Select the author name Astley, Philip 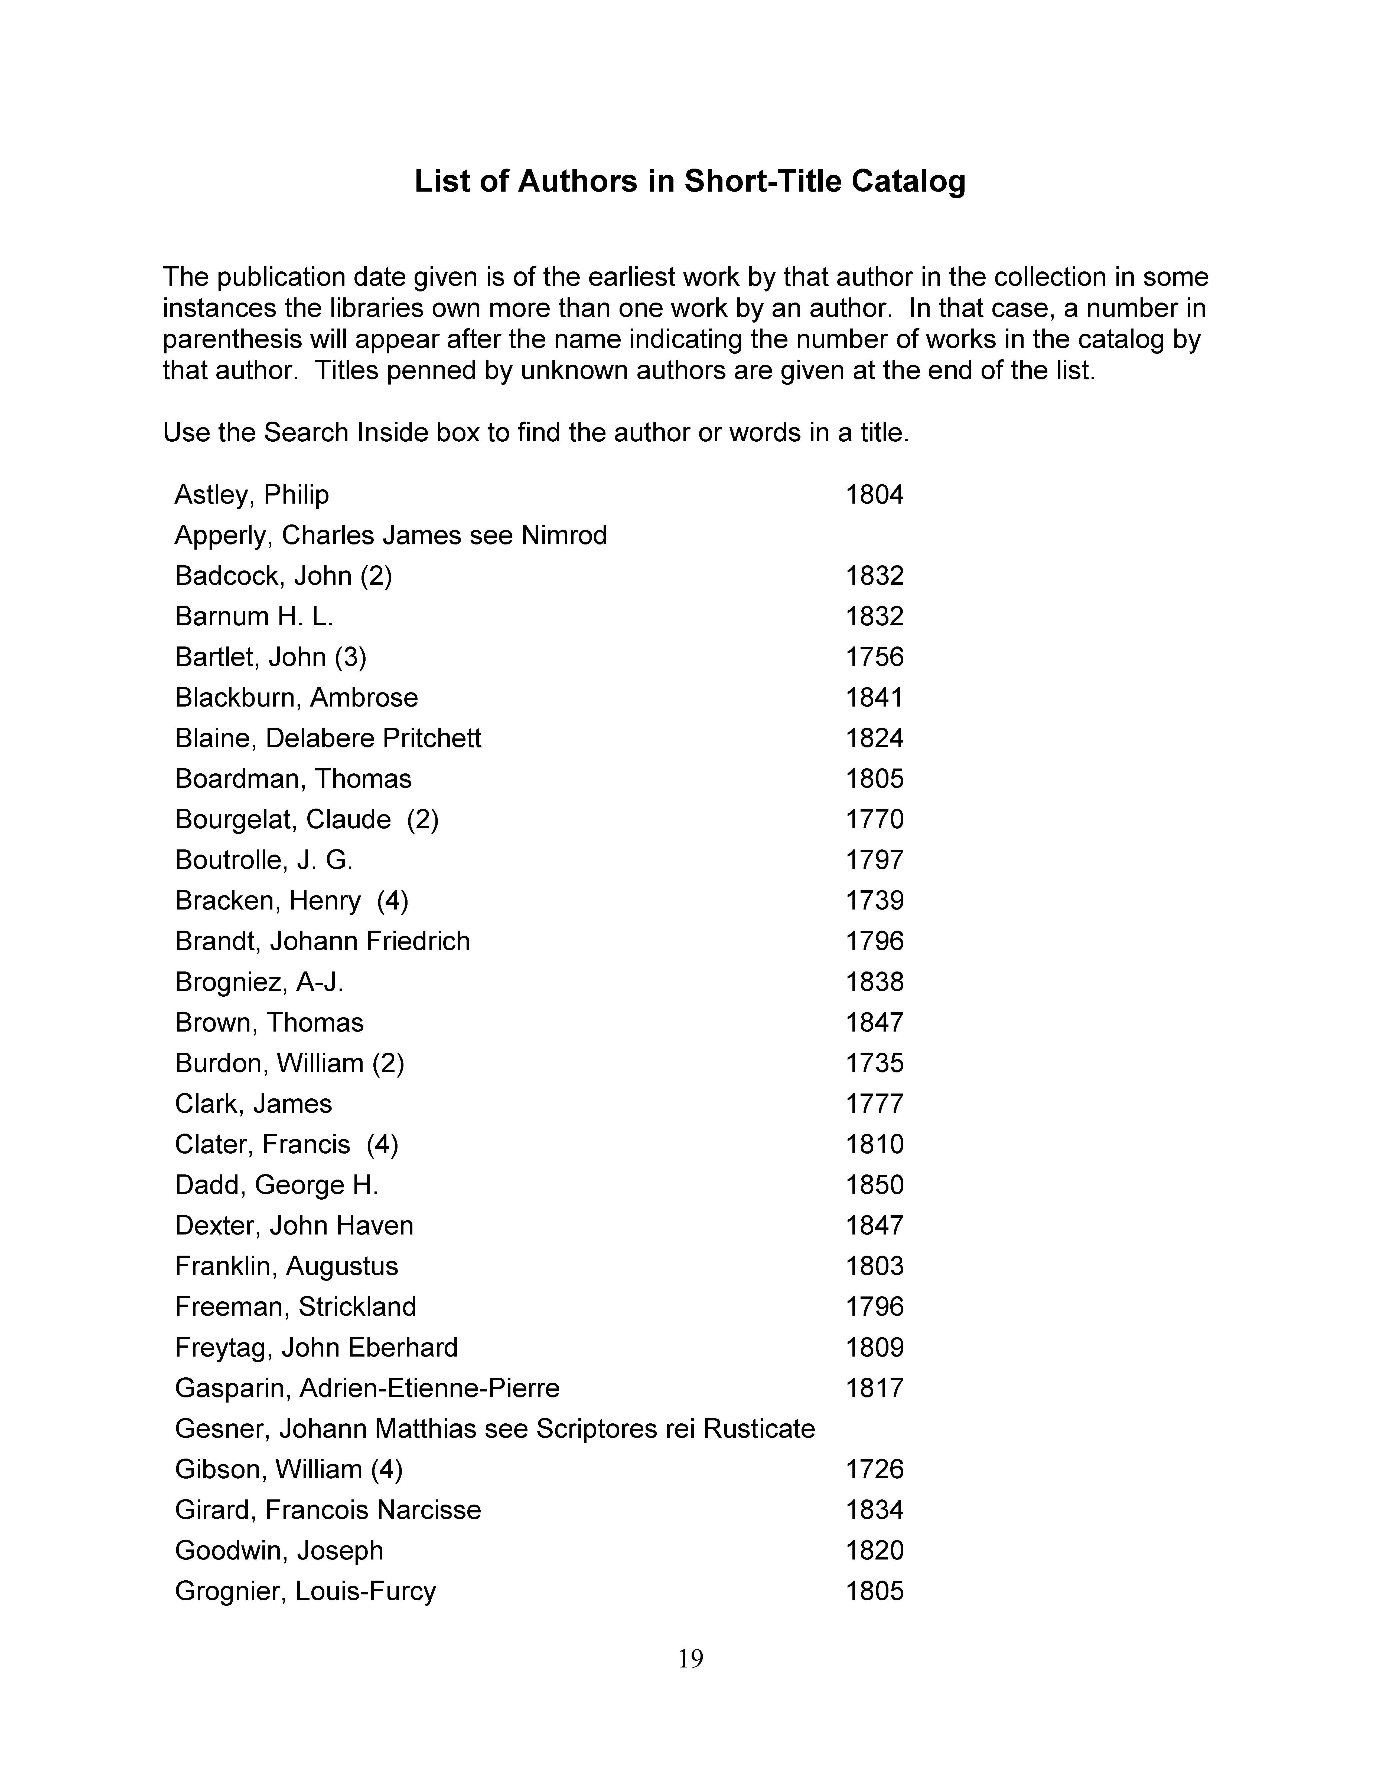252,495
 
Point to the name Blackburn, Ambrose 296,698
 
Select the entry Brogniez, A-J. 259,981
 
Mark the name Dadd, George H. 276,1185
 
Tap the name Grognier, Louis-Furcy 305,1591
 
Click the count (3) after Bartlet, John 350,657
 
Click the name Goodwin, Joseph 279,1551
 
